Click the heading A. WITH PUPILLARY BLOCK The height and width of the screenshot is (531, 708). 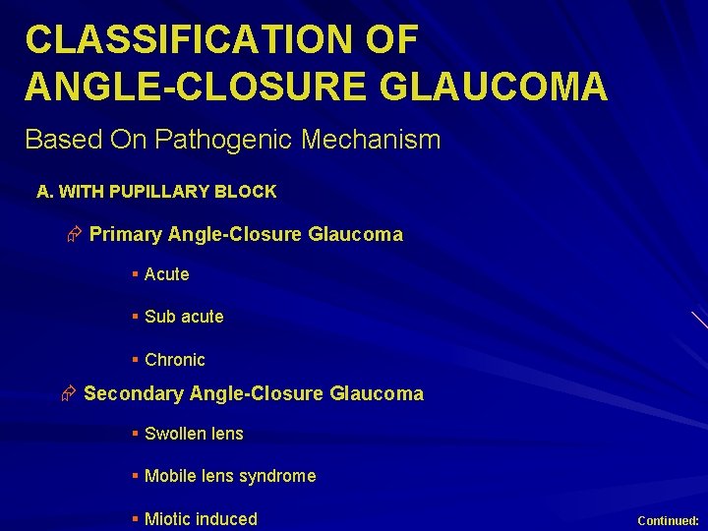(x=156, y=192)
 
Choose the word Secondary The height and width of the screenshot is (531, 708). (x=133, y=394)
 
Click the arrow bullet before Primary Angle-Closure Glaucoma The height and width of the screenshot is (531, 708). (x=73, y=235)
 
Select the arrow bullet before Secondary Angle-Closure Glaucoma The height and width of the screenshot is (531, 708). (x=68, y=394)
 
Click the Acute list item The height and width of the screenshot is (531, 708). (x=166, y=274)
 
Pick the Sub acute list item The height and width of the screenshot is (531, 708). (x=184, y=317)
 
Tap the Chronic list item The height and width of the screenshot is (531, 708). (x=175, y=360)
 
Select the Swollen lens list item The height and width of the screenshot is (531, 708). (x=194, y=434)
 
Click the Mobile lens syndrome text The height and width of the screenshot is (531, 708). (x=230, y=476)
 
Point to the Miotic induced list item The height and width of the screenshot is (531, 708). (x=201, y=519)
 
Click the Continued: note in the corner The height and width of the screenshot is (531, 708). (x=668, y=520)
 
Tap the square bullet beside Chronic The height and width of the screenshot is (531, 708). (x=135, y=360)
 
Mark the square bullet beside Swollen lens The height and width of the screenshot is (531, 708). (x=135, y=434)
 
